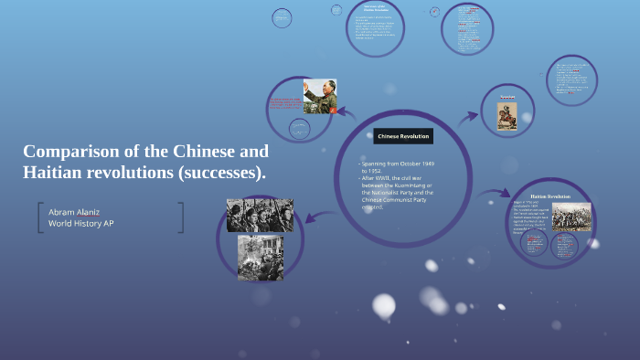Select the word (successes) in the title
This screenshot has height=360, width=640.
pyautogui.click(x=219, y=173)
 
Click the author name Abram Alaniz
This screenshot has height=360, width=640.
pyautogui.click(x=75, y=211)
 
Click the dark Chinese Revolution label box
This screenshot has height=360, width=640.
pyautogui.click(x=402, y=136)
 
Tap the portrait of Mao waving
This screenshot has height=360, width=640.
pyautogui.click(x=320, y=96)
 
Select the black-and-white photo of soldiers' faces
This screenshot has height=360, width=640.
pyautogui.click(x=260, y=215)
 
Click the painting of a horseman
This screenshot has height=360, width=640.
pyautogui.click(x=507, y=115)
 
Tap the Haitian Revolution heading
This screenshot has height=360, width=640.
pyautogui.click(x=549, y=196)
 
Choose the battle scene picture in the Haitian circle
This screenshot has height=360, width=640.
pyautogui.click(x=571, y=217)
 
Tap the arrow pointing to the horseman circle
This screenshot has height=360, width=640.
pyautogui.click(x=470, y=116)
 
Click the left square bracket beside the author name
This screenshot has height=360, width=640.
pyautogui.click(x=40, y=217)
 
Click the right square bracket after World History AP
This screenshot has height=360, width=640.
pyautogui.click(x=181, y=217)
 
